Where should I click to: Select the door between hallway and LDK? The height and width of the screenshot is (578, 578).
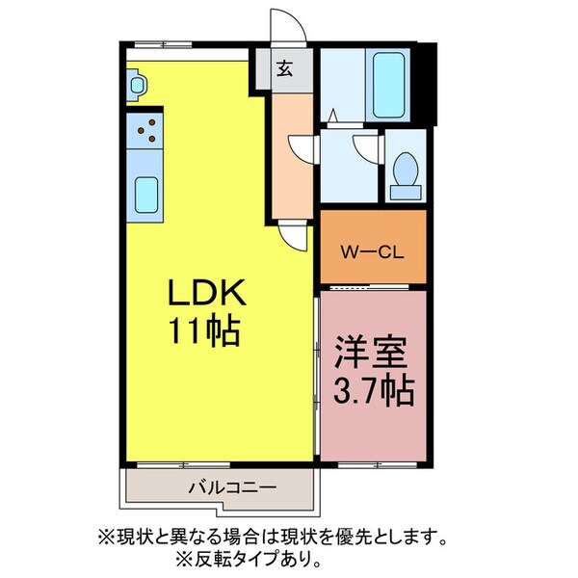tap(293, 234)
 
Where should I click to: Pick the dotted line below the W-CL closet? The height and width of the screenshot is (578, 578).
tap(373, 288)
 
